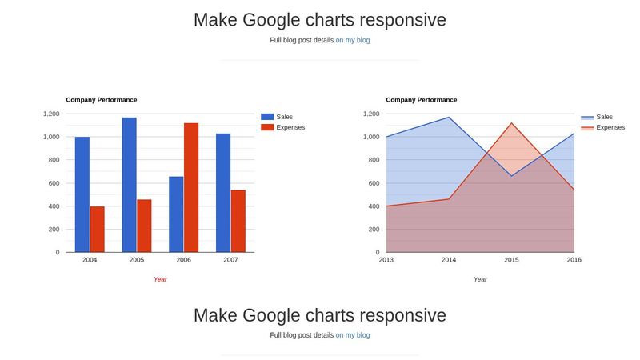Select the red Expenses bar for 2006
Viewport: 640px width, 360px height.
pos(191,187)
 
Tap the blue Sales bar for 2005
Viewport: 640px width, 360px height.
pos(129,185)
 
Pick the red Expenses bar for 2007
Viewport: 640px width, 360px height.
pos(238,221)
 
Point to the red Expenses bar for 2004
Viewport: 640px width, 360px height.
pos(97,229)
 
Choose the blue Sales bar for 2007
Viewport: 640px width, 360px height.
pos(222,193)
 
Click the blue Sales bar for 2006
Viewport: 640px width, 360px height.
pos(176,214)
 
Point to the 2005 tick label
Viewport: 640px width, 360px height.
pos(137,260)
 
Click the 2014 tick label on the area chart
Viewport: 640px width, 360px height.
pos(449,260)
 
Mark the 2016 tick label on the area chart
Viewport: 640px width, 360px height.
pos(574,260)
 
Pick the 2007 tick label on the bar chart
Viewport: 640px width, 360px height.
pos(230,260)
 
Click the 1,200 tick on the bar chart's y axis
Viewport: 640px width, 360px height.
pos(50,114)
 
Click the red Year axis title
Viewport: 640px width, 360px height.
pos(160,279)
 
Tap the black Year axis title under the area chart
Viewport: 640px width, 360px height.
pos(480,279)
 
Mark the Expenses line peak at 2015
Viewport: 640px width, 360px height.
pos(511,123)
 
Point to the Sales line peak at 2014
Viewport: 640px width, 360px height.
pos(449,118)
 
